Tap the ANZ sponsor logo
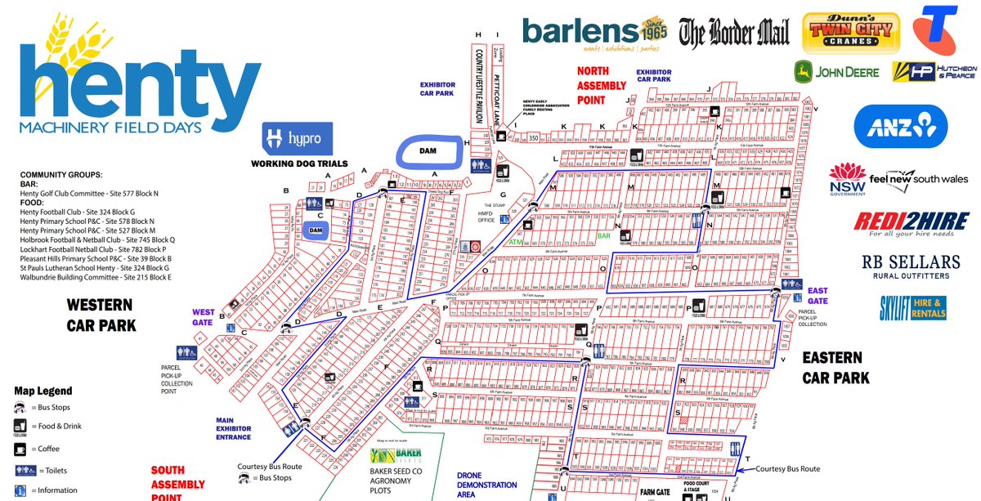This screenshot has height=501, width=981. [x=900, y=127]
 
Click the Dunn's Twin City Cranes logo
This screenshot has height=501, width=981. [x=852, y=33]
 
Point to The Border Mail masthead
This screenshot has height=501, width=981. [x=733, y=34]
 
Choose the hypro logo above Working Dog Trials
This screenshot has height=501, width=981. [x=298, y=139]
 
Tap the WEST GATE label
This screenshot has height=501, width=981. [x=204, y=316]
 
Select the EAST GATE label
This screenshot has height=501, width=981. [x=817, y=296]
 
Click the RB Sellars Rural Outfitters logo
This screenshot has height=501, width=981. [x=909, y=266]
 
